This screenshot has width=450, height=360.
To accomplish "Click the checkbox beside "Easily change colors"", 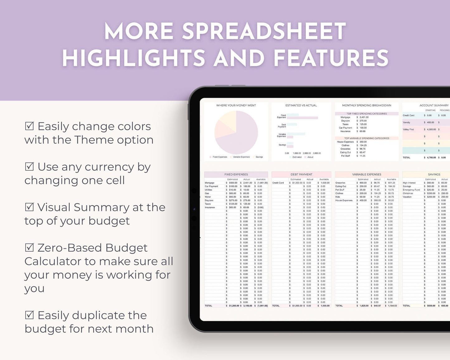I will [29, 126].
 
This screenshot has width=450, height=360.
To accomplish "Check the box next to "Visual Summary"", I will [29, 207].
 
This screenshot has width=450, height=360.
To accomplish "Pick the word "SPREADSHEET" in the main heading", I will [264, 31].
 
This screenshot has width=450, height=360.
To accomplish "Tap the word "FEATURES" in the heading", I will [331, 59].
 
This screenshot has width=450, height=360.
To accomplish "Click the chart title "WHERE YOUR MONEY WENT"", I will [236, 105].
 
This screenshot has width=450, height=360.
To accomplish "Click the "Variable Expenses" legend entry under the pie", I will [241, 157].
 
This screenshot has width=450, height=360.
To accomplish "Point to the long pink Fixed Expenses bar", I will [302, 118].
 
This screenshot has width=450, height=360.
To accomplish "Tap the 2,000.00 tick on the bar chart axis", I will [307, 153].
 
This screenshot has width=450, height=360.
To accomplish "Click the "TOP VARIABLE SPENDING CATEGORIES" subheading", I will [367, 138].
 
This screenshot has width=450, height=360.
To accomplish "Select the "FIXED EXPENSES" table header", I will [236, 174].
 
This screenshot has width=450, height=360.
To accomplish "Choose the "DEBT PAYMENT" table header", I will [301, 174].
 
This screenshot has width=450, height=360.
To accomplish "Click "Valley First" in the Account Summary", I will [408, 130].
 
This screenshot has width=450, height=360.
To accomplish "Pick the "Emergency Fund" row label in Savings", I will [411, 190].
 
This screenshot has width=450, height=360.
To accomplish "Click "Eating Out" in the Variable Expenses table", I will [341, 187].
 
